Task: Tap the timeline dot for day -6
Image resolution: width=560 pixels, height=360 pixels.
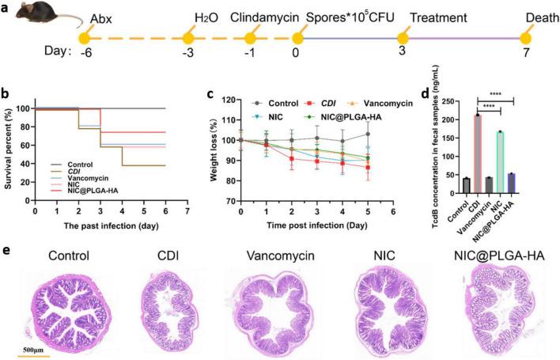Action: tap(84, 37)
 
